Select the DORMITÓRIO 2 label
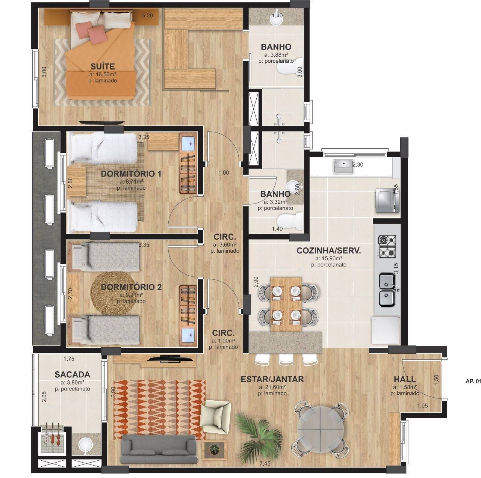click(x=131, y=287)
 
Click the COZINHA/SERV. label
click(x=328, y=251)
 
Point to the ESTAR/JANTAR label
click(x=272, y=379)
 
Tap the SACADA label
click(x=72, y=374)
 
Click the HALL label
click(x=405, y=379)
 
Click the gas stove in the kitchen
click(x=387, y=247)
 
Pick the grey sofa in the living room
click(x=159, y=452)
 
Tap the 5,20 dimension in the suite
click(x=147, y=16)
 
